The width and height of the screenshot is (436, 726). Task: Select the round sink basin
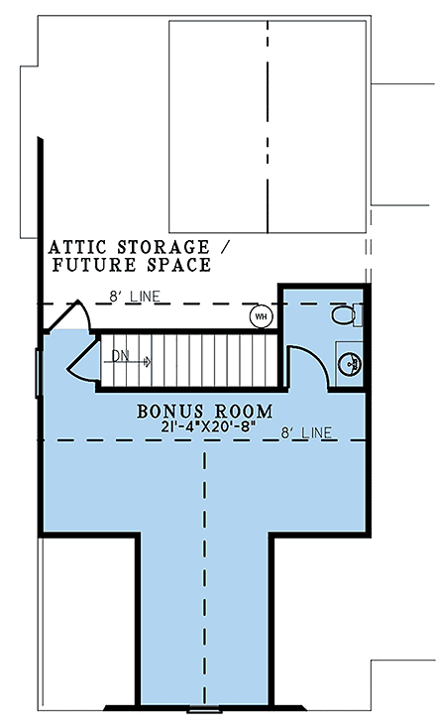[351, 364]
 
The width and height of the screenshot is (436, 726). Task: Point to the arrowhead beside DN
[147, 362]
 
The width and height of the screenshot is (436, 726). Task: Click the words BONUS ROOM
[205, 410]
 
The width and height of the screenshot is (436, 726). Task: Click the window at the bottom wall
[205, 710]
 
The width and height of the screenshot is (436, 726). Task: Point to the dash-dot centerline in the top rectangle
[268, 125]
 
